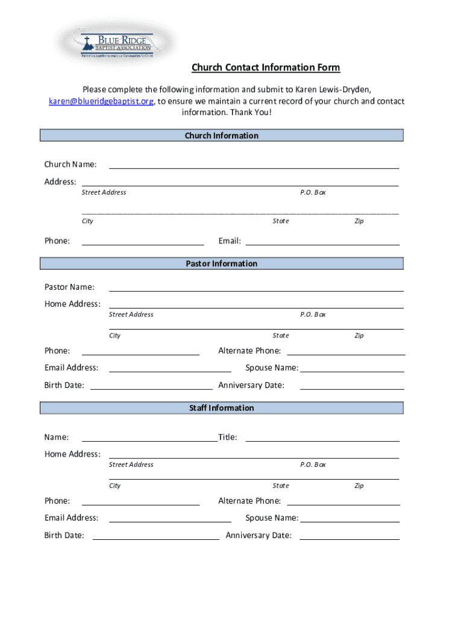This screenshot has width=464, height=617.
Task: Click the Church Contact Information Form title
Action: pos(266,67)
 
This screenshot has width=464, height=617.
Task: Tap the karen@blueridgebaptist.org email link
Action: pos(101,101)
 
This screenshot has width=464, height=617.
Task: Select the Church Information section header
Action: pos(222,136)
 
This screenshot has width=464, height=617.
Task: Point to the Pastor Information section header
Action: pos(222,263)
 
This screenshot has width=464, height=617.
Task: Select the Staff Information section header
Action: pos(222,408)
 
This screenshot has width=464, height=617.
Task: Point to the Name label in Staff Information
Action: pos(57,437)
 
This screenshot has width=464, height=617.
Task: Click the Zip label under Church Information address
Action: pos(359,221)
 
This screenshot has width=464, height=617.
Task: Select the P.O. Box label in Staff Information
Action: pos(313,465)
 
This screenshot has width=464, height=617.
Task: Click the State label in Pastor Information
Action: pos(281,336)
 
